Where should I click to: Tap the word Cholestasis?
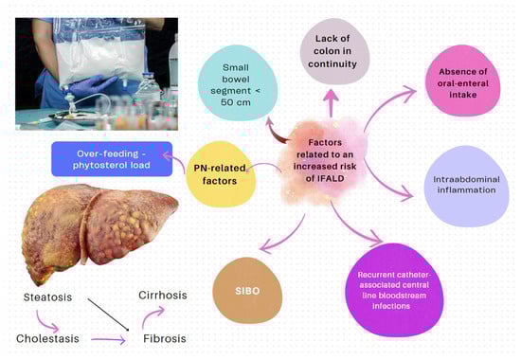52,338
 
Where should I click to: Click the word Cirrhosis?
162,296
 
